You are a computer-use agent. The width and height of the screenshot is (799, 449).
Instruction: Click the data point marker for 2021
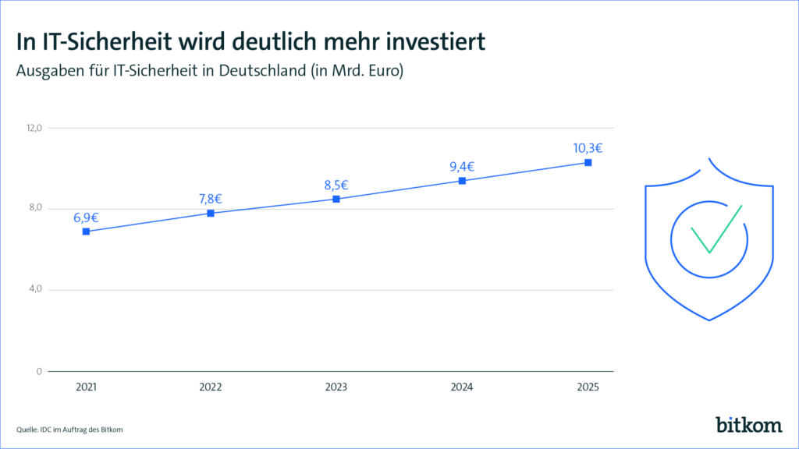[86, 232]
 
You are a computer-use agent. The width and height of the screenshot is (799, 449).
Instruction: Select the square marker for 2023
[336, 199]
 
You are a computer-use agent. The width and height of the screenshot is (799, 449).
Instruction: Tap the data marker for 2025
[588, 162]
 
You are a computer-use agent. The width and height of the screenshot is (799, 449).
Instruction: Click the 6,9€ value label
[86, 217]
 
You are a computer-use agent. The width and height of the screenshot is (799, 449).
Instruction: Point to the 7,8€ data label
[211, 199]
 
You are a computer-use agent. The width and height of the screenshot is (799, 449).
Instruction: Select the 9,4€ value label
[462, 166]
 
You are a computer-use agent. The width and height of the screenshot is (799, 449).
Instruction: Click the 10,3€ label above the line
[588, 148]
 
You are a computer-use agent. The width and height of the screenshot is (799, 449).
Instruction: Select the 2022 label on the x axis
[211, 387]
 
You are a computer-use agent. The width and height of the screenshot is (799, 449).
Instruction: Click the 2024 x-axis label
[462, 387]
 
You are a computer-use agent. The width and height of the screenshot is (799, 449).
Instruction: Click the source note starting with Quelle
[69, 430]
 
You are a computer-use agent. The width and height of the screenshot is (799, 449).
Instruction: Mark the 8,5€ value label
[336, 185]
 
